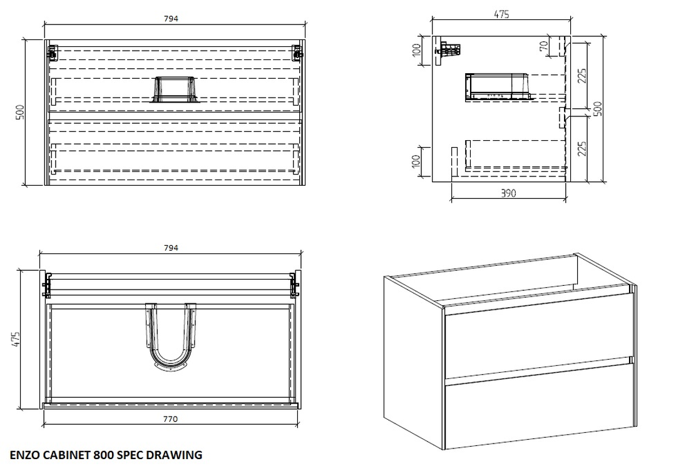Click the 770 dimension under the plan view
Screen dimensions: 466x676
coord(171,419)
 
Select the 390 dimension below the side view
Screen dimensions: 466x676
coord(509,193)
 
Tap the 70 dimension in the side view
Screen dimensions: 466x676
coord(545,46)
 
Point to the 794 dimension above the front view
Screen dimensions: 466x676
coord(171,18)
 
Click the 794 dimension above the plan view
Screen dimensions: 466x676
coord(171,248)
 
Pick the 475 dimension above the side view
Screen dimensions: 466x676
coord(501,14)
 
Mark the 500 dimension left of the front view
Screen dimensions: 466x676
coord(19,113)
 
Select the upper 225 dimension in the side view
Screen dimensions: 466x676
coord(581,76)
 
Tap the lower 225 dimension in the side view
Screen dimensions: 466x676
coord(581,149)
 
